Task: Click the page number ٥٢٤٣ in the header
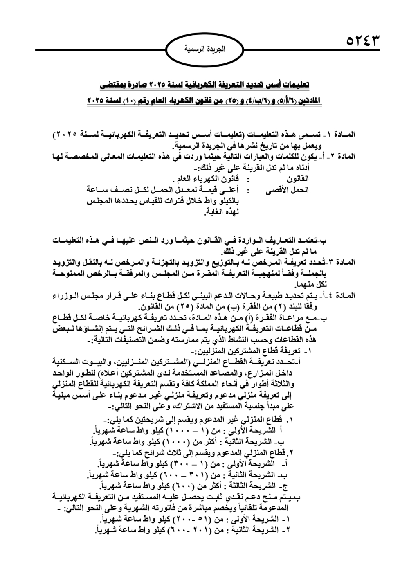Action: pos(363,41)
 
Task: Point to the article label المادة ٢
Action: pos(342,156)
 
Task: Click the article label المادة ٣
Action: pos(342,262)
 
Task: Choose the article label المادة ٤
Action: pos(342,295)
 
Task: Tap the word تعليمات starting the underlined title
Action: pos(296,85)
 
